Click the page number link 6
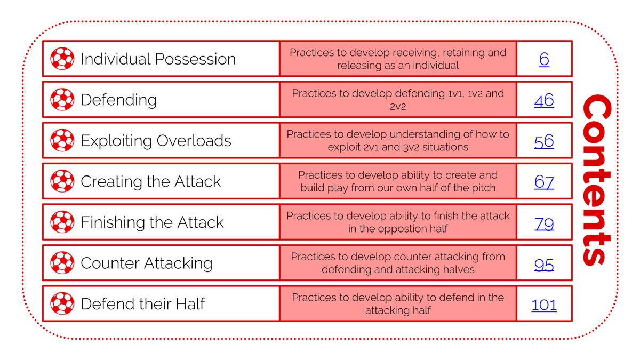544,59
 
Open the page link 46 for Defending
544,100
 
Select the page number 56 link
544,141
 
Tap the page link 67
544,182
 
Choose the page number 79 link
544,223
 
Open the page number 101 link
544,305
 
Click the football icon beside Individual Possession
62,59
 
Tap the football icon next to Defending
62,99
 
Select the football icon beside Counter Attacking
62,263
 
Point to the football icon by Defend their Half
62,303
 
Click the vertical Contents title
597,180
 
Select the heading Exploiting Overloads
156,141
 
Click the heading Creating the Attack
151,181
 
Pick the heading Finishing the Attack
153,222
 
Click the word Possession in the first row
195,59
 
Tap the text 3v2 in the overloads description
411,147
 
